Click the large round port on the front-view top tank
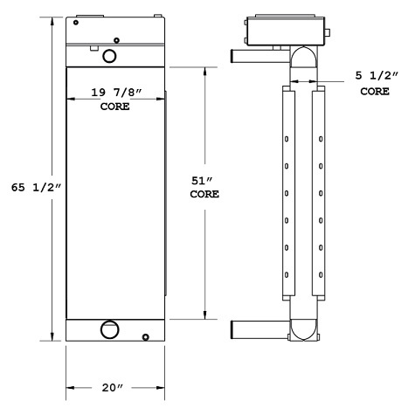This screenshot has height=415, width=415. (x=110, y=56)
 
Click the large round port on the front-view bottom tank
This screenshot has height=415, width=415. (x=110, y=330)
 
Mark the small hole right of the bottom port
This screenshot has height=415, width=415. (x=146, y=337)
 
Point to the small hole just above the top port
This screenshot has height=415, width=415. (x=117, y=38)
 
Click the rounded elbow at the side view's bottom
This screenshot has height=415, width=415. (x=302, y=330)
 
